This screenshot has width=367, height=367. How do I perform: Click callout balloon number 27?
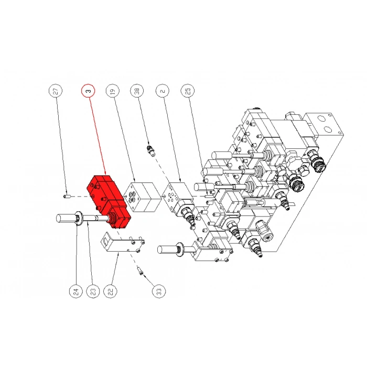(56, 91)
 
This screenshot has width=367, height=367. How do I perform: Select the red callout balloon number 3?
(88, 91)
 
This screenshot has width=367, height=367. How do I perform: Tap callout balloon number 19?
(113, 91)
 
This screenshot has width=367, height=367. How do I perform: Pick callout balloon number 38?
(137, 91)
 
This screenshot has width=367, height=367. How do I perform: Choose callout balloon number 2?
(163, 91)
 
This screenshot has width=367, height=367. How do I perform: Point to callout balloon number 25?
(188, 91)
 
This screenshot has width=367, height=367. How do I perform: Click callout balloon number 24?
(76, 292)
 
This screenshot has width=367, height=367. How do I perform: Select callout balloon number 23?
(93, 292)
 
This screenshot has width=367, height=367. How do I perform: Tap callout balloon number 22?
(111, 292)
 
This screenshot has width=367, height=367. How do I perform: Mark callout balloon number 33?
(159, 292)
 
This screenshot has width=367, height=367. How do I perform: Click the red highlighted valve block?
(109, 201)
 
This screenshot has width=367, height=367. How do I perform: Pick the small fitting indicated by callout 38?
(150, 151)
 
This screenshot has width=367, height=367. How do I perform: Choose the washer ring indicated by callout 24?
(78, 219)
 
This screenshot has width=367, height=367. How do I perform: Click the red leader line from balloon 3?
(98, 136)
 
